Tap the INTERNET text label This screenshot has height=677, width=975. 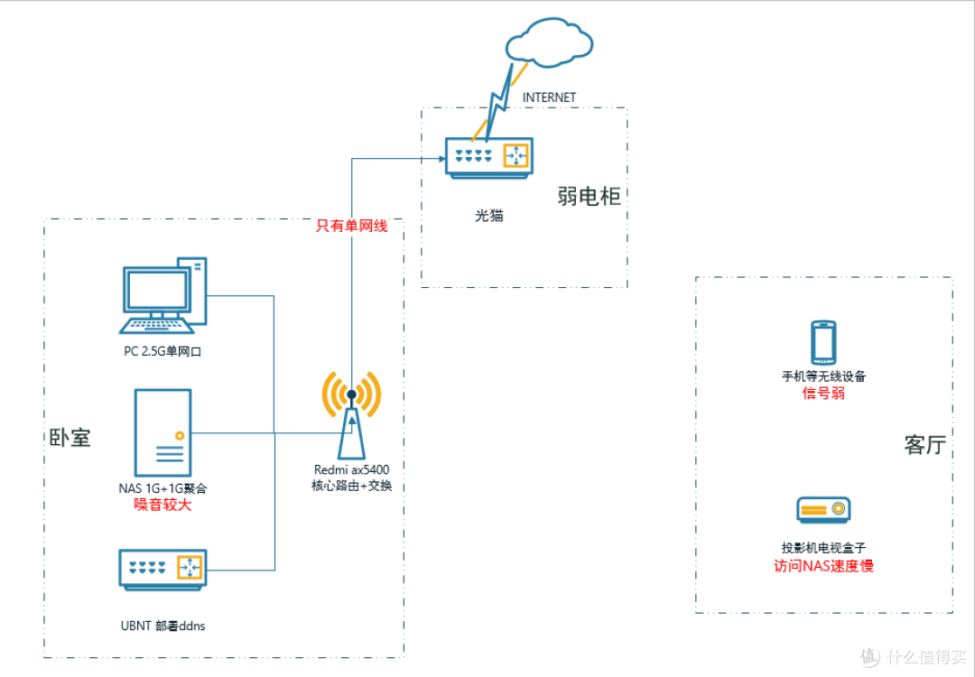click(x=549, y=97)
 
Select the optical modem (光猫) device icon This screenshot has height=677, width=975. click(x=489, y=159)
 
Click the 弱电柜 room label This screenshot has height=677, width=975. click(x=589, y=197)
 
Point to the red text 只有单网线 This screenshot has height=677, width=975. click(x=351, y=226)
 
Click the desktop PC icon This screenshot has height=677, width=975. click(x=162, y=295)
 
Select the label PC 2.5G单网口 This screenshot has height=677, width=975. click(x=162, y=352)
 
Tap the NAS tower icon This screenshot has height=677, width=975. click(x=162, y=432)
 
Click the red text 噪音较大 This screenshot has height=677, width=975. click(x=162, y=505)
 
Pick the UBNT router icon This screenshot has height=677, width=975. click(x=162, y=570)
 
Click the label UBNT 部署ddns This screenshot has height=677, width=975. click(x=162, y=626)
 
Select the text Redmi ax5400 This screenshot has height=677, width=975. click(x=351, y=470)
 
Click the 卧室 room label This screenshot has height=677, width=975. click(x=70, y=438)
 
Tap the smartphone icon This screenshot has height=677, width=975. click(x=823, y=342)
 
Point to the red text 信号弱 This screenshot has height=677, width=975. click(x=823, y=393)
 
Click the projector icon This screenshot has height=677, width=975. click(x=823, y=510)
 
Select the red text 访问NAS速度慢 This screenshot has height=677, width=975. click(x=823, y=566)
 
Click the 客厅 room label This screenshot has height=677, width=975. click(x=925, y=445)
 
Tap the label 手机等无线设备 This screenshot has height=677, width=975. click(x=823, y=376)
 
